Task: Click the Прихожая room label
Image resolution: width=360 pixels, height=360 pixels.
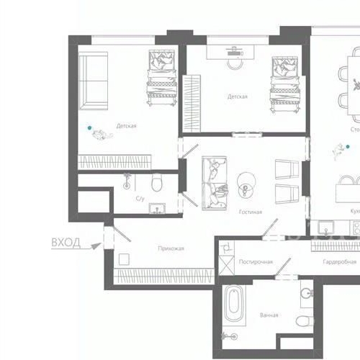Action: click(171, 248)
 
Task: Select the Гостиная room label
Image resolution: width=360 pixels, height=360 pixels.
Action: click(250, 212)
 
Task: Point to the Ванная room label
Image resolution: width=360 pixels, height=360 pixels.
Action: click(269, 315)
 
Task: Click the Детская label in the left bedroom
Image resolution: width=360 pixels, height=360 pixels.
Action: click(126, 126)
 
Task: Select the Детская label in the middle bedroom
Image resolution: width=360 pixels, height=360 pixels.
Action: click(238, 96)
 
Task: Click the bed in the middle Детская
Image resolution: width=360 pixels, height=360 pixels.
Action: click(284, 83)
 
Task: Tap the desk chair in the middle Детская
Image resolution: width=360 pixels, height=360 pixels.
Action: click(235, 61)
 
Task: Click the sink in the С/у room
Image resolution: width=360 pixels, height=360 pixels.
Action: click(157, 209)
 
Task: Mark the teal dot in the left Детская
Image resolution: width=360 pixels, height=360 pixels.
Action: click(90, 127)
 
